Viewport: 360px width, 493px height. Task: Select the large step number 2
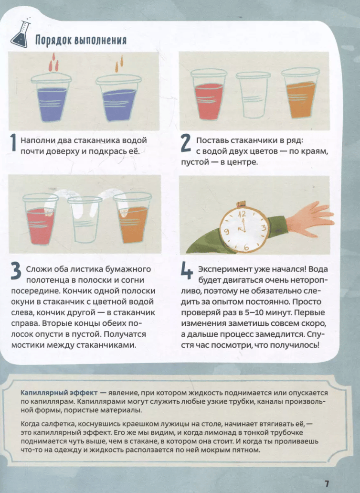coord(186,144)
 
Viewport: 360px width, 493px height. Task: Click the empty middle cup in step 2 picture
coord(253,95)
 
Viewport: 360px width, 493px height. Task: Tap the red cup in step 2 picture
coord(208,95)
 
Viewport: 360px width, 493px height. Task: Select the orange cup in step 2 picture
coord(300,94)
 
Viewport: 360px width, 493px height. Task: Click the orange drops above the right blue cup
coord(119,63)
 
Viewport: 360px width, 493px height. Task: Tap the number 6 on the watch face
coord(246,247)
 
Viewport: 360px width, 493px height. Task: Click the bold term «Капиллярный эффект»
coord(59,393)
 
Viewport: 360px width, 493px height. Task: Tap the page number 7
coord(327,483)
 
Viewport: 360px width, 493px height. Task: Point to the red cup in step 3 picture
coord(41,219)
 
